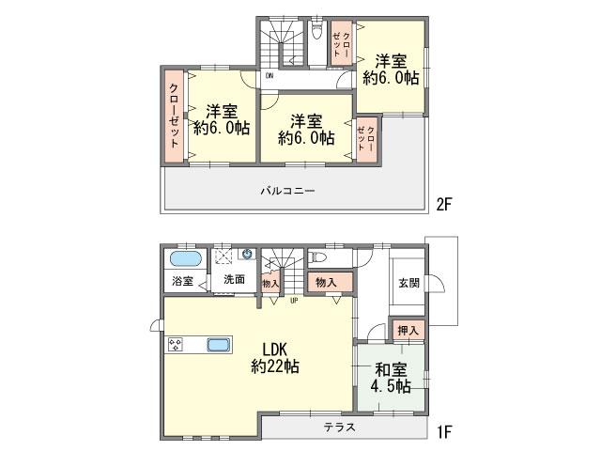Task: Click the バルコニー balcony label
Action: point(287,191)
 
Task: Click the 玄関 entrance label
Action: point(408,284)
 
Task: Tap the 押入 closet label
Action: point(408,330)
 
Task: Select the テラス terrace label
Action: point(339,428)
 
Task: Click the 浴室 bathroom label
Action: point(181,281)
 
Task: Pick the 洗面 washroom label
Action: point(234,280)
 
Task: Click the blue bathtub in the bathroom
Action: point(185,258)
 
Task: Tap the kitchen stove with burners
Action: point(176,345)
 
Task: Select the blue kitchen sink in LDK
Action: point(218,344)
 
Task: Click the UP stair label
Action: point(294,302)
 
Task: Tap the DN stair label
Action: point(270,75)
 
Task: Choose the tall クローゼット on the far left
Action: point(175,117)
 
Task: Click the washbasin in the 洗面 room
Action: point(247,254)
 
